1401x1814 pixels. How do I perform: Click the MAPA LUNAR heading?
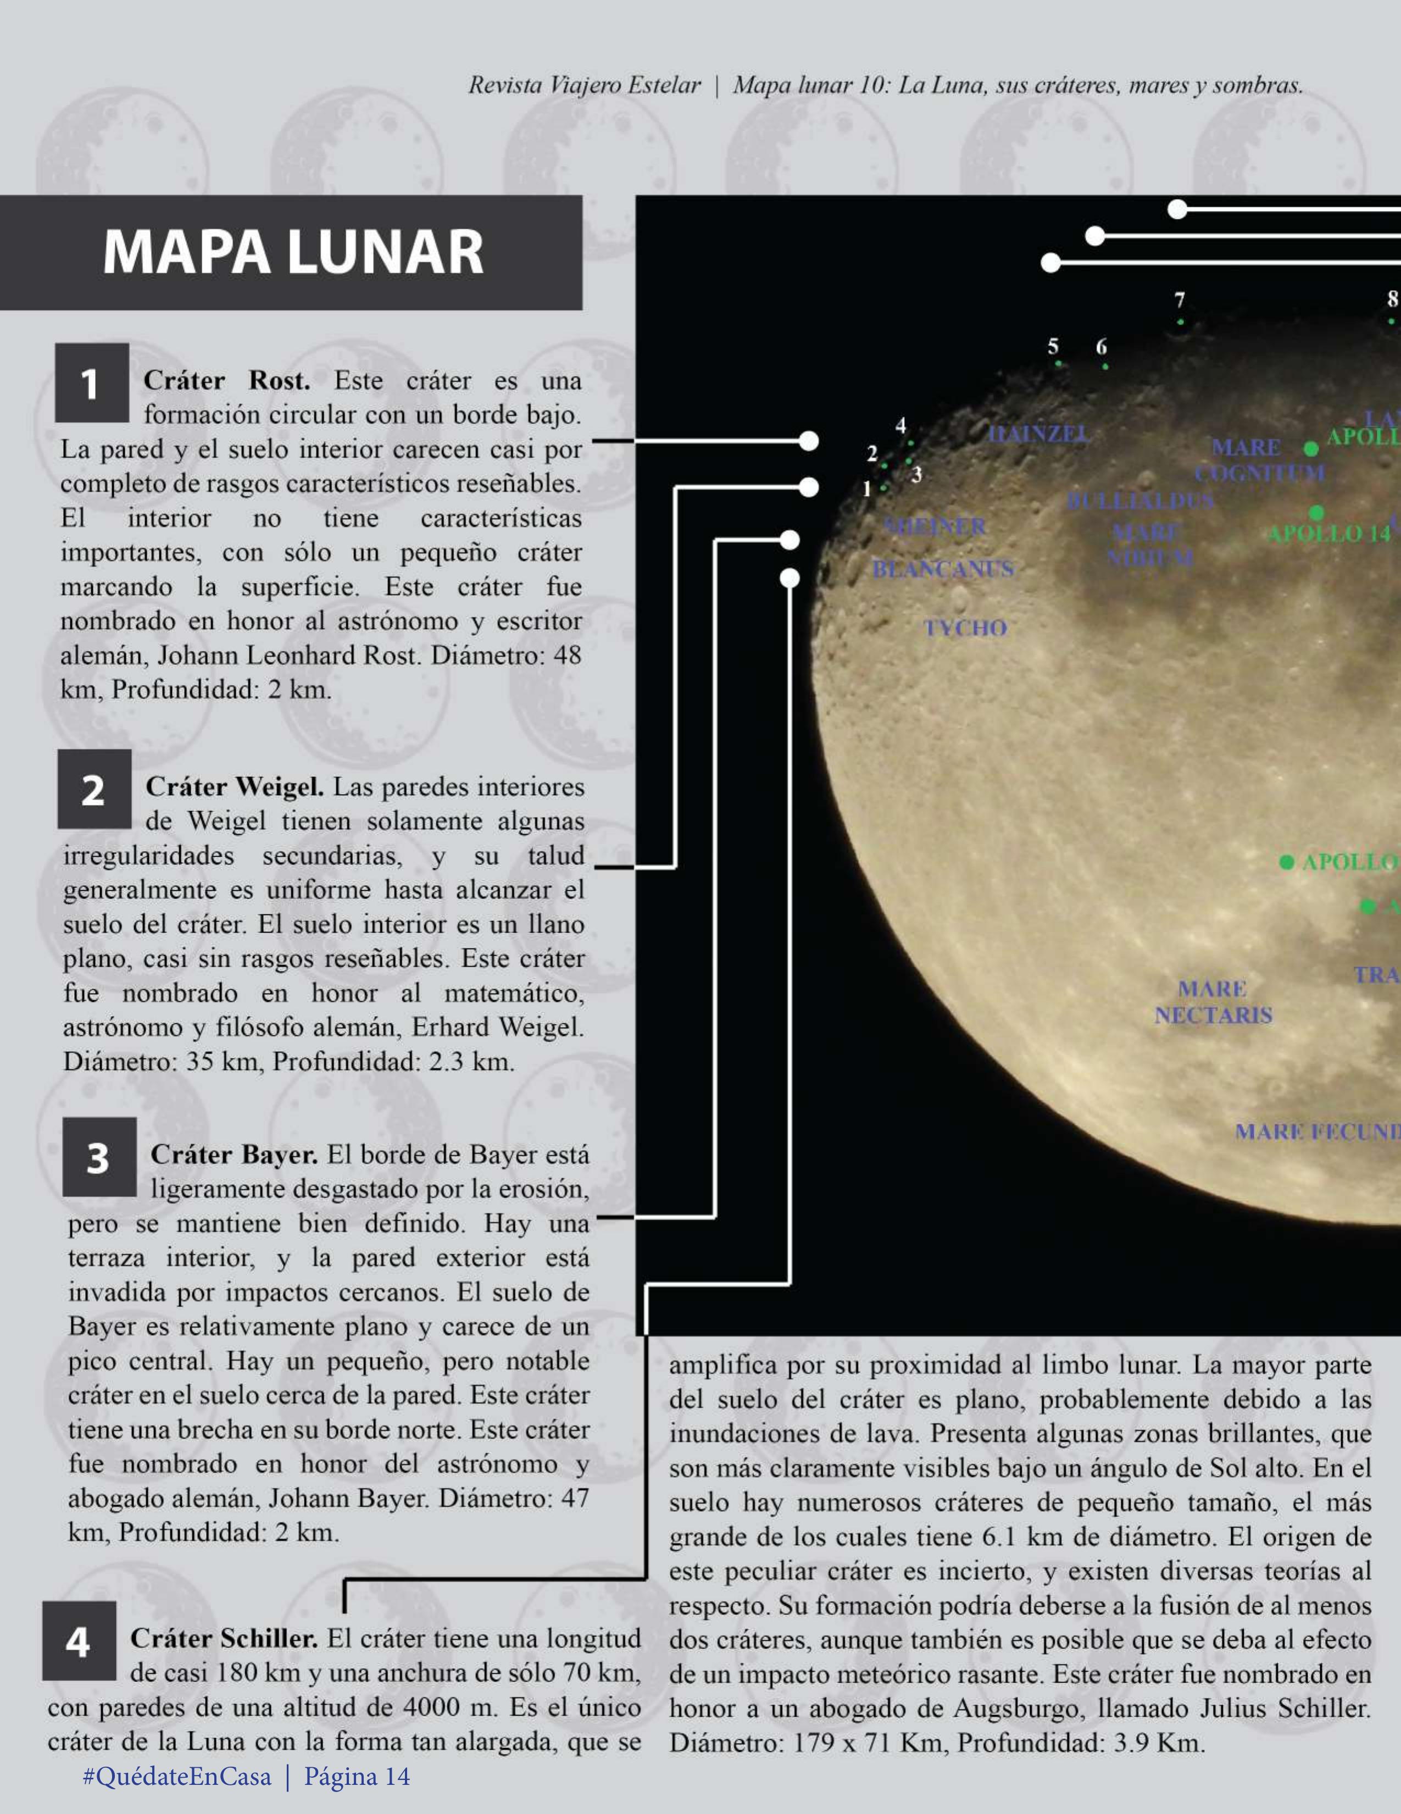(x=292, y=252)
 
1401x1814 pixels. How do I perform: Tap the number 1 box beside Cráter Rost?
(x=91, y=383)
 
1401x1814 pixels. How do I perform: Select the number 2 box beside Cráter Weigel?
(x=94, y=789)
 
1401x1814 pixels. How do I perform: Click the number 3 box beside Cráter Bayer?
(x=99, y=1157)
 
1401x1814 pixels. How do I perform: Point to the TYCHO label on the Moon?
(x=965, y=628)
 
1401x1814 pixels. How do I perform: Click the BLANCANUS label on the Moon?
(x=943, y=569)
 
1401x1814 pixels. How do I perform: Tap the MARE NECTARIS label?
(x=1213, y=1002)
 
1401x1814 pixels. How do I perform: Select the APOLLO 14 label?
(x=1328, y=534)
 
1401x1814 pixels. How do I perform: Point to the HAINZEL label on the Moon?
(x=1038, y=434)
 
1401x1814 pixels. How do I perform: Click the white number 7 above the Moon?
(x=1179, y=300)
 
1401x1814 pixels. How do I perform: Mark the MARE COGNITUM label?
(x=1259, y=460)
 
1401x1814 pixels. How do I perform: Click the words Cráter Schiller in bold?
(x=224, y=1639)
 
